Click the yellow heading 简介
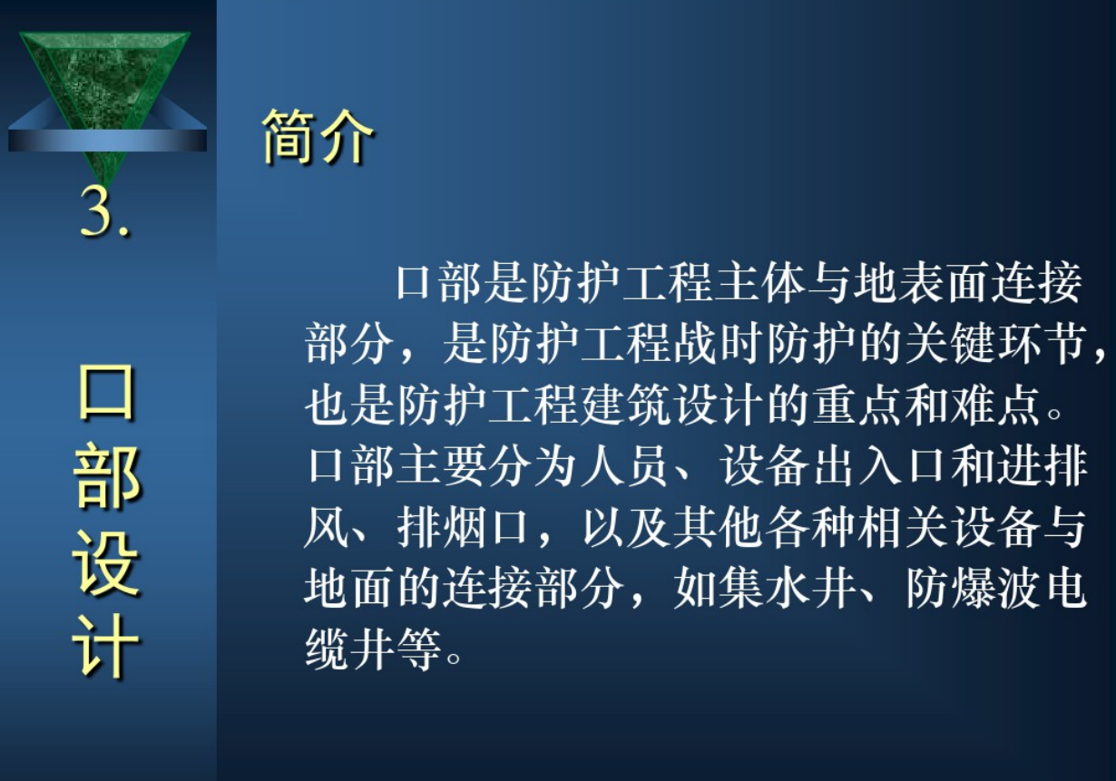[318, 136]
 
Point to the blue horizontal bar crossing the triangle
[107, 140]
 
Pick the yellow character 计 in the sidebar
[106, 646]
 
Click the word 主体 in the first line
[759, 283]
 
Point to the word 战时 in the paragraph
[718, 344]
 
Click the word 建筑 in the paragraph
[626, 405]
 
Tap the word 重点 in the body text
[857, 405]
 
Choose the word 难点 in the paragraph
[996, 405]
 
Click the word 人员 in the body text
[625, 465]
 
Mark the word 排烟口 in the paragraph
[463, 527]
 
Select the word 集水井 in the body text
[765, 588]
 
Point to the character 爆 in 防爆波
[974, 588]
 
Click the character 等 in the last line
[418, 649]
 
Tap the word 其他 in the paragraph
[718, 527]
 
